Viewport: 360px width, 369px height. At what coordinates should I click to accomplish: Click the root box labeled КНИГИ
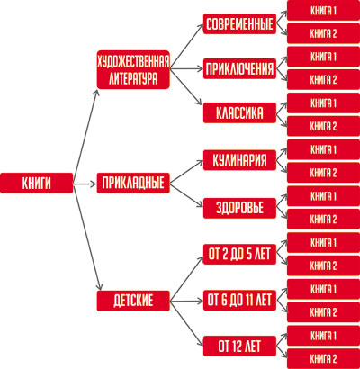[x=37, y=183]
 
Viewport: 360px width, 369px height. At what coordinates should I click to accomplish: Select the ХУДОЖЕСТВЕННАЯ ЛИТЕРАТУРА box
[x=133, y=69]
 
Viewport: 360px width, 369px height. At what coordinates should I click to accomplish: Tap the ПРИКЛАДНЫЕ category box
[x=133, y=183]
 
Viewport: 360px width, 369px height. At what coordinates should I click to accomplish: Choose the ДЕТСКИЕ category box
[x=133, y=301]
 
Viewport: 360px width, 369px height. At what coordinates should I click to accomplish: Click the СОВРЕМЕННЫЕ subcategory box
[x=239, y=23]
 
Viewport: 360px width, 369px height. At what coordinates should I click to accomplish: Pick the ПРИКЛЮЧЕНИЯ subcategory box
[x=239, y=68]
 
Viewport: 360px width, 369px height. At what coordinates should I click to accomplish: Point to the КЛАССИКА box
[x=239, y=112]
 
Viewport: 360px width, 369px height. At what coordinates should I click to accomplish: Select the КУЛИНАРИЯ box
[x=239, y=160]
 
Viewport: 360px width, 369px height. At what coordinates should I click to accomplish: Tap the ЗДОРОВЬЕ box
[x=239, y=208]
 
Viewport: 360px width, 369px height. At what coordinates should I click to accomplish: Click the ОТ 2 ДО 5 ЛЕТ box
[x=239, y=254]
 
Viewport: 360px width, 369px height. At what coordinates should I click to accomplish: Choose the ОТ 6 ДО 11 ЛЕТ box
[x=239, y=300]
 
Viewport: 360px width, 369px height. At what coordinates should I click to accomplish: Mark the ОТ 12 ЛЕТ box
[x=239, y=346]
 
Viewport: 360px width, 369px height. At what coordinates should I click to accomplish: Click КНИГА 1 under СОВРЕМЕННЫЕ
[x=323, y=11]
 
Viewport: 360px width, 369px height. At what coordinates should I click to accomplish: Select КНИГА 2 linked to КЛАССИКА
[x=323, y=126]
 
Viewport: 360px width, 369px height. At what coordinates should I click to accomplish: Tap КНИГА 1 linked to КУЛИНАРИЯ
[x=323, y=149]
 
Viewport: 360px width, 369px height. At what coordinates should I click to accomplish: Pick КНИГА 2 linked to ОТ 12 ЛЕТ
[x=323, y=359]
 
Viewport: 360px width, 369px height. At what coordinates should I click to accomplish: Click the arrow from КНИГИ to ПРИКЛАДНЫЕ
[x=85, y=184]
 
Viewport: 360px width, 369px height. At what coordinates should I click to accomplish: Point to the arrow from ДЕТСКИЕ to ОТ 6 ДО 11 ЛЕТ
[x=186, y=301]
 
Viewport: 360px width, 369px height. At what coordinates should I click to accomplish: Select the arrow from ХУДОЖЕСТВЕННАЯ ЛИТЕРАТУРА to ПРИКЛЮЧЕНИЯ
[x=186, y=69]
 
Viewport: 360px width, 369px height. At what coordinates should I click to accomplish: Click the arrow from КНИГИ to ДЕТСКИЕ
[x=88, y=237]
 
